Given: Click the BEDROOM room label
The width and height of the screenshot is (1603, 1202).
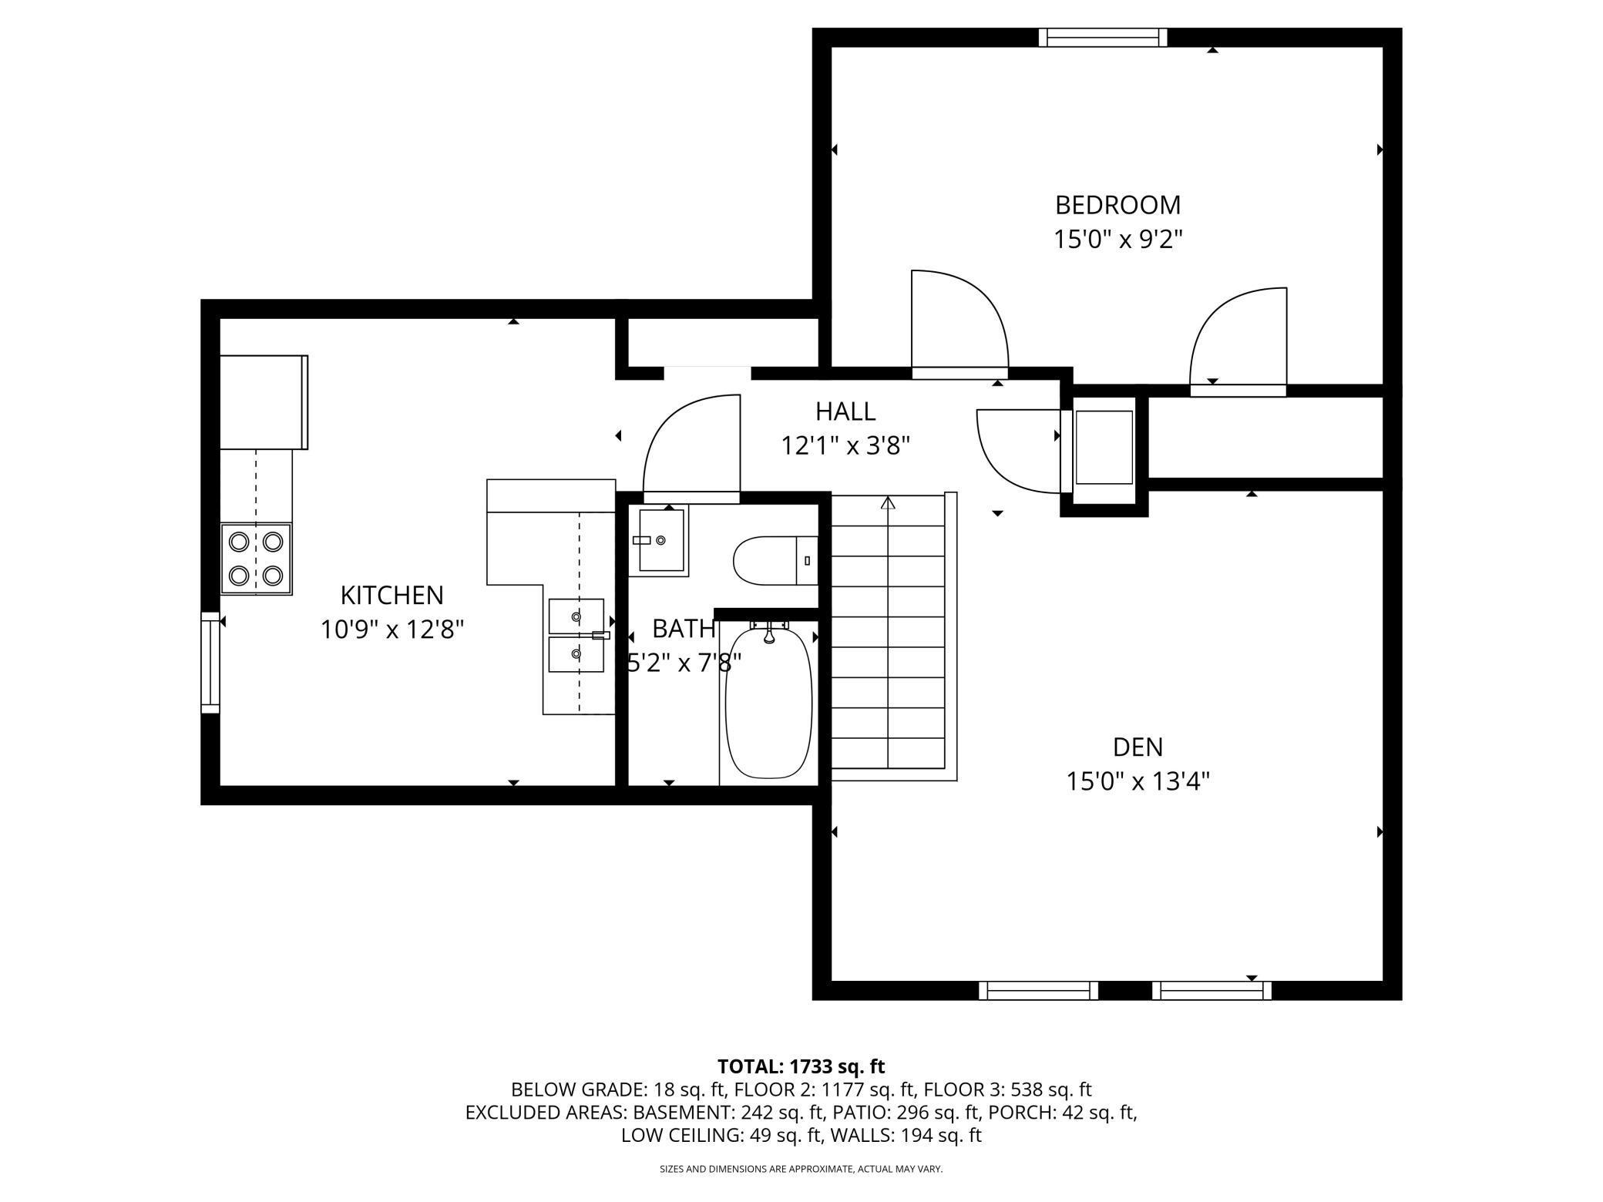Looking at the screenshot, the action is click(x=1117, y=205).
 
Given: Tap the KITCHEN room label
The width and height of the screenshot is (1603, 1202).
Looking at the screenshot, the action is click(x=392, y=595).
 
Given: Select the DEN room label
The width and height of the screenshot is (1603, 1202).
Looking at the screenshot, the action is click(x=1138, y=747).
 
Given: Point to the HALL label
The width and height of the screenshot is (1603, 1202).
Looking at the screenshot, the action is click(x=845, y=411).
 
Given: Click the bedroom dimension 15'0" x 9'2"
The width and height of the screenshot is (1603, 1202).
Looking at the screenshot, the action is click(x=1117, y=240).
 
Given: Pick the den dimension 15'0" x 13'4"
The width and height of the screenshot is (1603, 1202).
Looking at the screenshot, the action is click(x=1138, y=782).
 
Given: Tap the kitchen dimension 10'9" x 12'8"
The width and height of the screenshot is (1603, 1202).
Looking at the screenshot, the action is click(x=392, y=630).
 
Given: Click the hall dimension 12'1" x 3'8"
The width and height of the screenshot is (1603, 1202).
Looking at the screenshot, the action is click(x=845, y=446).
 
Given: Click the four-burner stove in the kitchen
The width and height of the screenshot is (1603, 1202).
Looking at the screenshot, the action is click(x=256, y=559).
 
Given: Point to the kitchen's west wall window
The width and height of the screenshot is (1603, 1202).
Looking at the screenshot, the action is click(x=210, y=663).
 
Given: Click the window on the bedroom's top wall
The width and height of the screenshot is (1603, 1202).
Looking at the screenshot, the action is click(x=1103, y=38).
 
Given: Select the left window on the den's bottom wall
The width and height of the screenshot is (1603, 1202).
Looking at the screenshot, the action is click(x=1038, y=990).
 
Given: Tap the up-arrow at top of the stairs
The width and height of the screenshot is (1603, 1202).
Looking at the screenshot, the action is click(x=889, y=503).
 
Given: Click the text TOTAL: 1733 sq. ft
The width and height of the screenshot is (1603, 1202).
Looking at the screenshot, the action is click(x=801, y=1066).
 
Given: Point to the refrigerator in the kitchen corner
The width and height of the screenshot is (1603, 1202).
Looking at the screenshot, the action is click(x=264, y=402).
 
